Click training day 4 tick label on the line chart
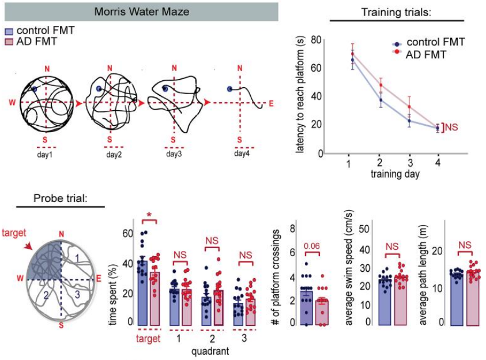[x=438, y=164]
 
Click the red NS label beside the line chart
[x=451, y=126]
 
